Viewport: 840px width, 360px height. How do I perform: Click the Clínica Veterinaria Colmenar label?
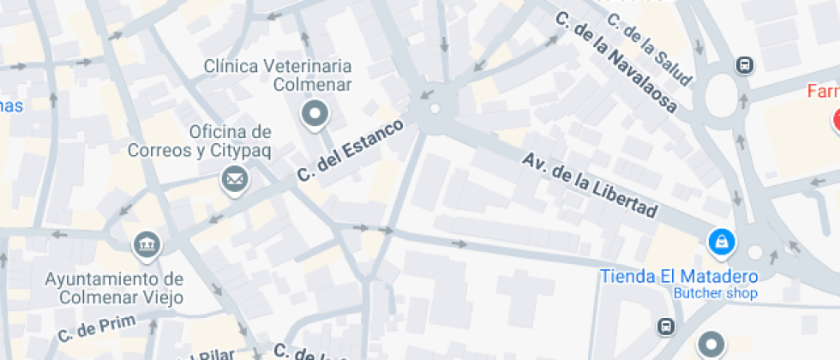277,75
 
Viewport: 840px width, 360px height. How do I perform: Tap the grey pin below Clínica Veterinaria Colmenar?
316,113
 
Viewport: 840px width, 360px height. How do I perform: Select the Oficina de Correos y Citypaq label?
199,141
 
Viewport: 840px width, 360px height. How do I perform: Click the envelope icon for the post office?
233,180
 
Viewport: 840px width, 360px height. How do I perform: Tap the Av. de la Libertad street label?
591,185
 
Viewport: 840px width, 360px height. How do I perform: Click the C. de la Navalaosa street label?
615,63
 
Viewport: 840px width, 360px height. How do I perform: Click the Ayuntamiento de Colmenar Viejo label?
114,289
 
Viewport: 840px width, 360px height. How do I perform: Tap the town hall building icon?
147,244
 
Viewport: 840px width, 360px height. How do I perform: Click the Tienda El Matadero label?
679,277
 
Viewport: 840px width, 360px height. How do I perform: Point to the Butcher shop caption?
715,294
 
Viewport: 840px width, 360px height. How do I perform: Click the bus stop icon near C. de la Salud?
745,65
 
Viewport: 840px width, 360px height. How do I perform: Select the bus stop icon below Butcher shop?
664,326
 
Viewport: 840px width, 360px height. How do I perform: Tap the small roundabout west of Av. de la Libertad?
435,109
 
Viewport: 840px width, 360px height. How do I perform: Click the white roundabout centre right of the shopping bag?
755,252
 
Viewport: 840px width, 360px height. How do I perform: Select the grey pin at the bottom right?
710,345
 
